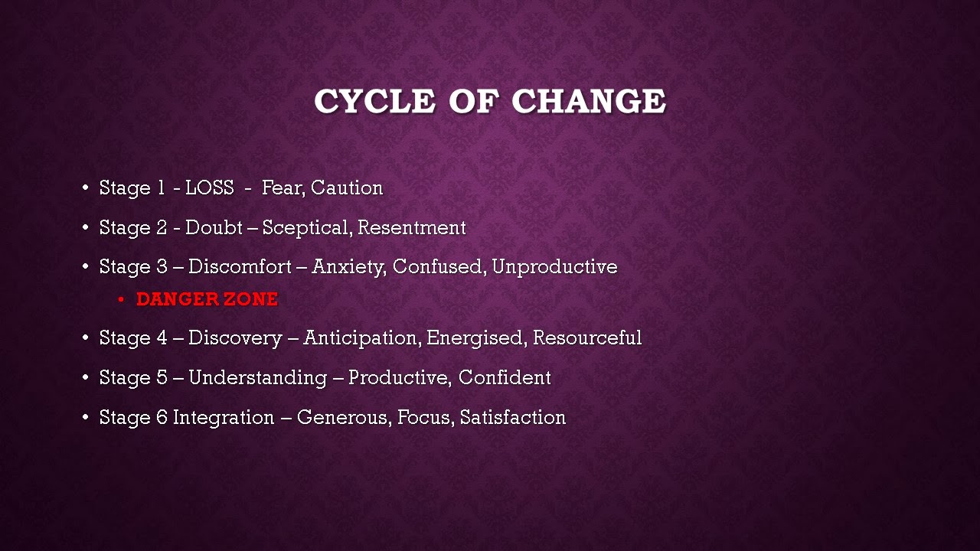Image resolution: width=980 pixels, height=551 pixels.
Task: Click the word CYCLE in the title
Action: (374, 101)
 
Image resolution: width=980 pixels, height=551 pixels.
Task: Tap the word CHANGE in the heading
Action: (589, 101)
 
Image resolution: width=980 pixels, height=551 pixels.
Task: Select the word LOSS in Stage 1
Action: (210, 187)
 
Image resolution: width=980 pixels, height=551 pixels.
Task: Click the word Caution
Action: (347, 187)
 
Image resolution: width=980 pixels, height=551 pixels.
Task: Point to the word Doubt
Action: (214, 227)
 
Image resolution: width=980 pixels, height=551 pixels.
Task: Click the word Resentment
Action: (412, 227)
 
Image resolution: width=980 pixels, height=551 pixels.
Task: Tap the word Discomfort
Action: (240, 267)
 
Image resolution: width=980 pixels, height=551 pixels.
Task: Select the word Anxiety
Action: (349, 268)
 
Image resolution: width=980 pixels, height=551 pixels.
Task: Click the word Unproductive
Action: (555, 268)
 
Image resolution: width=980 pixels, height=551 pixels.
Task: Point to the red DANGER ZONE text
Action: (207, 299)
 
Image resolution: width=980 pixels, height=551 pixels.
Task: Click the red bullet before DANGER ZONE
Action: (121, 299)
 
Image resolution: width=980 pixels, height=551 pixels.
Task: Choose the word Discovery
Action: (235, 338)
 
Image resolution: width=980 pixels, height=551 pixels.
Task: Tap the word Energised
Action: (476, 338)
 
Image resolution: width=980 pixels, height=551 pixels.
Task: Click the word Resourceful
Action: (587, 338)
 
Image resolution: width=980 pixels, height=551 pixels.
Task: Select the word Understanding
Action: (258, 378)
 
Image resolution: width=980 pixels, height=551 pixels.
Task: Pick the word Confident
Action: (505, 377)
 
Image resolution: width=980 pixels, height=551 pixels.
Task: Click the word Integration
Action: (224, 418)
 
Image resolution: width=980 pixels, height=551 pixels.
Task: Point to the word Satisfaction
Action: (513, 417)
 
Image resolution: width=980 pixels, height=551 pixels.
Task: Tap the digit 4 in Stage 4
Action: (162, 338)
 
